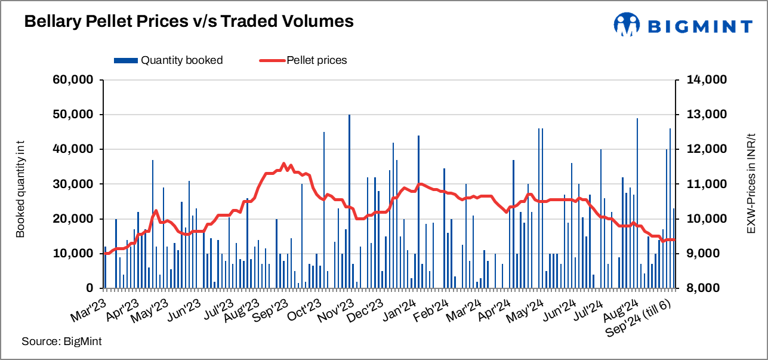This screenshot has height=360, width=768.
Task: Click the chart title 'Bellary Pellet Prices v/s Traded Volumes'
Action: click(x=189, y=22)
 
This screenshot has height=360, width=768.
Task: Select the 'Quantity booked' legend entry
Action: click(x=169, y=60)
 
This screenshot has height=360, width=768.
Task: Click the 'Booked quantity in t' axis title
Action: click(x=20, y=184)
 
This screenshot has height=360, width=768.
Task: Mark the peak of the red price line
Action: click(x=284, y=164)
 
